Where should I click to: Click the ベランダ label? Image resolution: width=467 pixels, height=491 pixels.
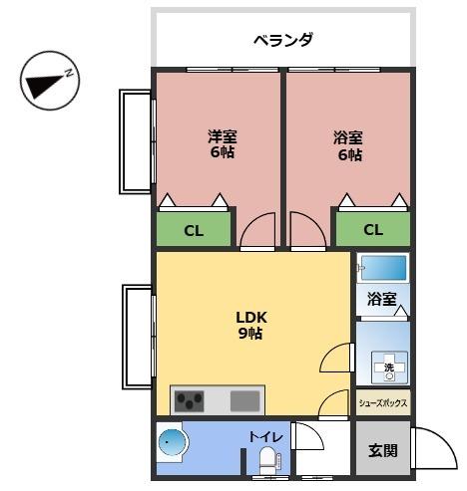click(282, 40)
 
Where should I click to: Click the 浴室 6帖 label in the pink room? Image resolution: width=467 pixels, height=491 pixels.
click(348, 145)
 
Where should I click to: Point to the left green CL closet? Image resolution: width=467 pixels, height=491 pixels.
click(194, 230)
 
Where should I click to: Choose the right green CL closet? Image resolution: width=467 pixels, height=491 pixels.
click(372, 230)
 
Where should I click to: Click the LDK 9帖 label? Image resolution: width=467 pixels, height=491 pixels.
click(250, 325)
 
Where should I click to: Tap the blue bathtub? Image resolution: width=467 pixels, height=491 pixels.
click(382, 268)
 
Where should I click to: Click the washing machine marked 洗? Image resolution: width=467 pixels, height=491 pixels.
click(384, 367)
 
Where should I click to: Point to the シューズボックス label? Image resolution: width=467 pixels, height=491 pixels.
click(383, 403)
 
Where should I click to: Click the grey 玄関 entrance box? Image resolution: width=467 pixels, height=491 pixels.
click(382, 450)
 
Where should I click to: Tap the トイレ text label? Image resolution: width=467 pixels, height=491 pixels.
click(266, 436)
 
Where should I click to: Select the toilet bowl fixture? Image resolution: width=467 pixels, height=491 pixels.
click(267, 460)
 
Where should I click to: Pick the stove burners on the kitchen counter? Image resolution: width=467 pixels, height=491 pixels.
click(191, 401)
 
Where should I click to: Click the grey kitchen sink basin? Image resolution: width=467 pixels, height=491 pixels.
click(244, 401)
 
